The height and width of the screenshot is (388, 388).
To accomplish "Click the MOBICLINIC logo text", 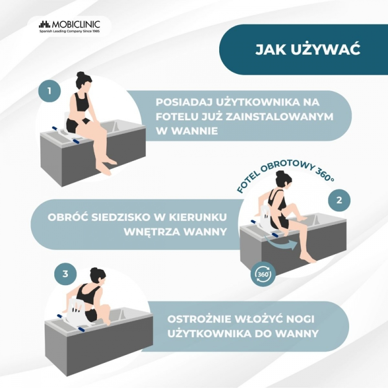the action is [76, 24].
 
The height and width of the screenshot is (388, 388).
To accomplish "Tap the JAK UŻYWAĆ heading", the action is [307, 49].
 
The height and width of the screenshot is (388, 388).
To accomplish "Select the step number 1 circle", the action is [49, 91].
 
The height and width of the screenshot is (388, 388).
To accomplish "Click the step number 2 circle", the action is [339, 200].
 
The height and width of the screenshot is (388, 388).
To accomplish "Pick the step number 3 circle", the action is [65, 274].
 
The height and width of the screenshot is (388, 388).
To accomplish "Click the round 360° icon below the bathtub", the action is [263, 274].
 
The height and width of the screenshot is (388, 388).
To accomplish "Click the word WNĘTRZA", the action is [152, 232].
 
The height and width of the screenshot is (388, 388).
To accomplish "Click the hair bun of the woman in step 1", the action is [81, 75].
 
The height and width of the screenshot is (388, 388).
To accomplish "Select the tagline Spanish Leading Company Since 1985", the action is [69, 32].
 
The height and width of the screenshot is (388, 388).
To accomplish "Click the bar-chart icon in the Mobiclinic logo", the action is [45, 24].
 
